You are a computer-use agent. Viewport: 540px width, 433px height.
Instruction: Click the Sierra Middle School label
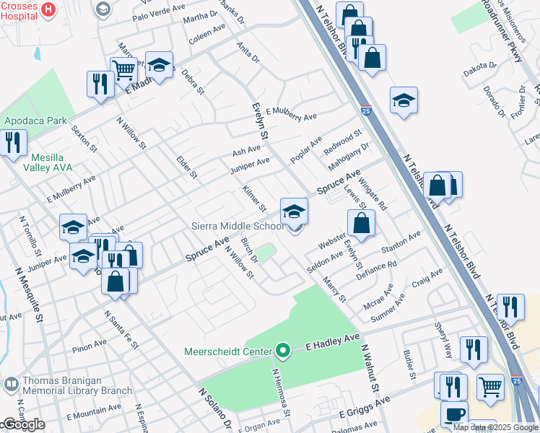pos(238,226)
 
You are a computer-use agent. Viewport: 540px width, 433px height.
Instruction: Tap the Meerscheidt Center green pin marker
pos(283,351)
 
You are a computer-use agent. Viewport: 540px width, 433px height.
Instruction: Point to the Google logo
pos(23,424)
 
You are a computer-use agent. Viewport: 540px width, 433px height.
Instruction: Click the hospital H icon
pos(48,9)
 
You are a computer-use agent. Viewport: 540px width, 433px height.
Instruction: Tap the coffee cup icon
pos(454,414)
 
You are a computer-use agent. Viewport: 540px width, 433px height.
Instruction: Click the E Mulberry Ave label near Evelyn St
pos(291,114)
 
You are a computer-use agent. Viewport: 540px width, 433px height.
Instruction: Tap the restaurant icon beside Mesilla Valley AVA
pos(13,142)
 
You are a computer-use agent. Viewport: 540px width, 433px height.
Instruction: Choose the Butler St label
pos(409,365)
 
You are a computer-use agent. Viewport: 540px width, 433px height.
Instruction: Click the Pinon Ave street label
pos(90,348)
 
